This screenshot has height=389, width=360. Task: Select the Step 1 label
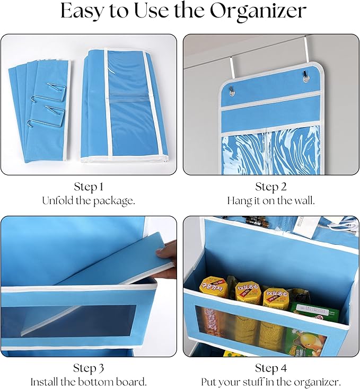89,187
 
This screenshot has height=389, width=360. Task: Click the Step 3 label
89,368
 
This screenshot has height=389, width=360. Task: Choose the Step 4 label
271,368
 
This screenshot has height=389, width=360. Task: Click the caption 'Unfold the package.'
89,201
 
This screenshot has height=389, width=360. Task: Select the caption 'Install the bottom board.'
89,382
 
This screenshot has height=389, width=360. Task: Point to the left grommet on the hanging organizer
233,93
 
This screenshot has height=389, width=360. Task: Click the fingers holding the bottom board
168,254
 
